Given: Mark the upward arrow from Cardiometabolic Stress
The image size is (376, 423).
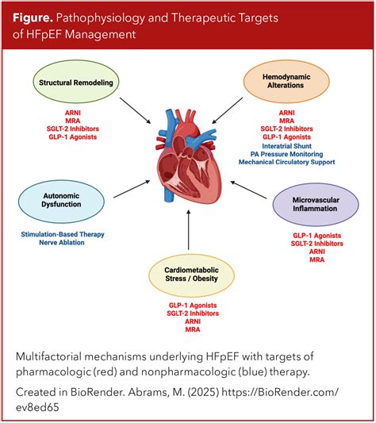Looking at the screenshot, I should click(x=189, y=229).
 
